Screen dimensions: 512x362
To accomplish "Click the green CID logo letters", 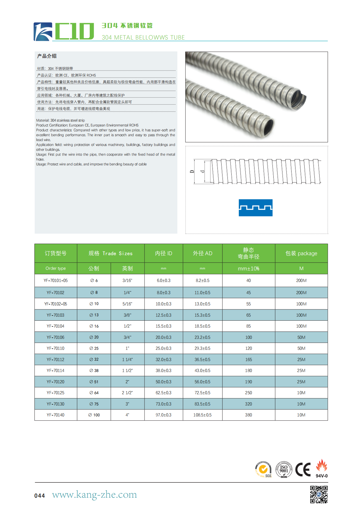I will (74, 31).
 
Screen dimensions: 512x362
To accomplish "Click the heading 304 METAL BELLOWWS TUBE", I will (143, 37).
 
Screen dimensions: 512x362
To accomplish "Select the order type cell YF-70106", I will (55, 337).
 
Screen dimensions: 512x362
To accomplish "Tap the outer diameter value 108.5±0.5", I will (202, 415).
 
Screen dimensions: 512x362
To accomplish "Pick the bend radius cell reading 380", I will (249, 415).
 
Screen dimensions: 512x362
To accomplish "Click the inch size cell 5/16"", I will (127, 304).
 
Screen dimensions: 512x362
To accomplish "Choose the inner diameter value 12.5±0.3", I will (163, 315).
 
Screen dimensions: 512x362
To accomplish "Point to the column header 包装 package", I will (301, 253).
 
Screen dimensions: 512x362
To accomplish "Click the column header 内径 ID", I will (163, 253).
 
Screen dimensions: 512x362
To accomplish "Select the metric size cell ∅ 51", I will (94, 382).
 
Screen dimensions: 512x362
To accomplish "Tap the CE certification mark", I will (303, 470).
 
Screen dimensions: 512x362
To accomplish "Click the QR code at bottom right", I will (319, 494).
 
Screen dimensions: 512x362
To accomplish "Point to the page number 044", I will (40, 496).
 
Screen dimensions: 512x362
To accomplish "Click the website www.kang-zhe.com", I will (94, 494).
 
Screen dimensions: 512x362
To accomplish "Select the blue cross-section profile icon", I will (256, 208).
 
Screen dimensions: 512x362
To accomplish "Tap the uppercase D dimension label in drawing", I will (192, 172).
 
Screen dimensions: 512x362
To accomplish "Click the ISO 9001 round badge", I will (284, 469).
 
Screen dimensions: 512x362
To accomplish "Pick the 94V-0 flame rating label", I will (322, 476).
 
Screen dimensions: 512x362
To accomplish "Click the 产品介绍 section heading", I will (47, 56).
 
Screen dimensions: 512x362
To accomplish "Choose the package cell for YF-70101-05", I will (301, 280).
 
